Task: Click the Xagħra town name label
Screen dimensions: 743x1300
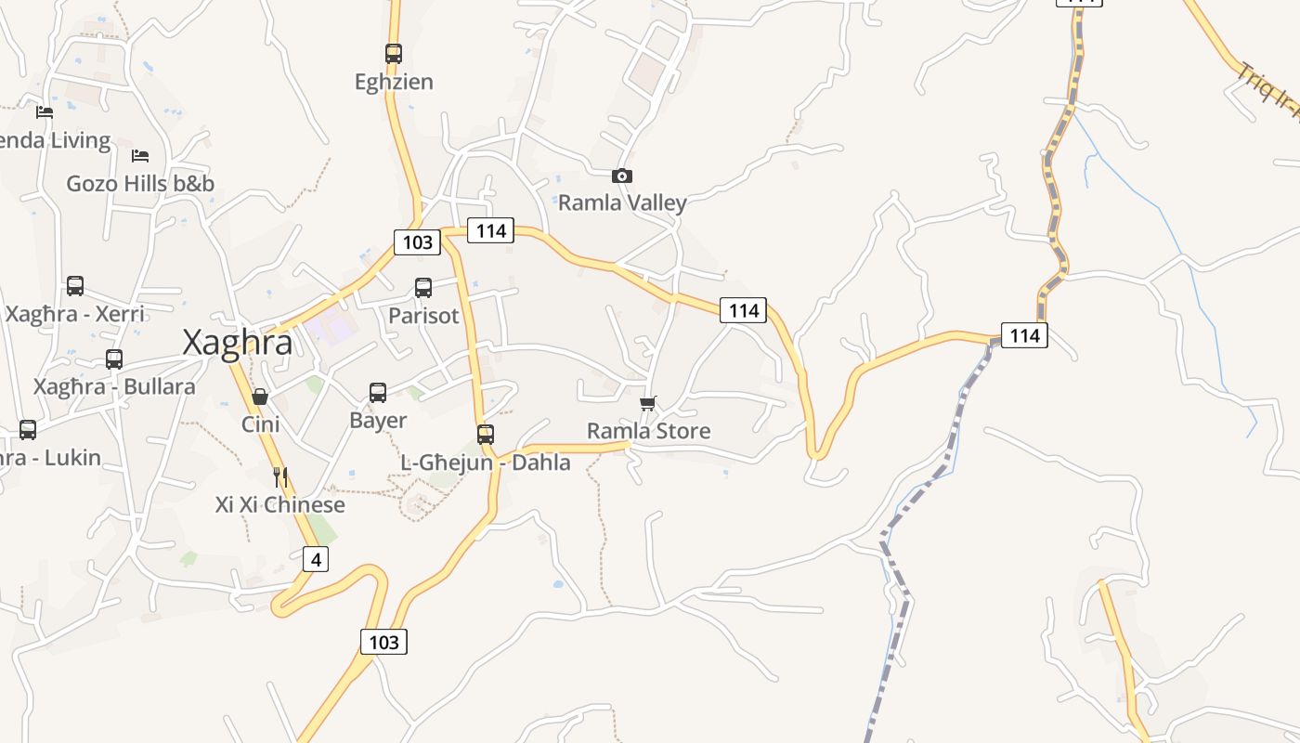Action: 238,343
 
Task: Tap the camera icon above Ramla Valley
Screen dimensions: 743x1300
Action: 622,176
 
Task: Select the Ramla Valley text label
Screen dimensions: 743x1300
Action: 622,202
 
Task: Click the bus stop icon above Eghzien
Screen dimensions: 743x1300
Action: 394,54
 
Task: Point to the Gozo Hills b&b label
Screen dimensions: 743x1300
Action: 140,184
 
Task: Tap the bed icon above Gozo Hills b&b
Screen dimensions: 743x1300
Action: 140,155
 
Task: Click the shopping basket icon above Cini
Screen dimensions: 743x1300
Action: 260,397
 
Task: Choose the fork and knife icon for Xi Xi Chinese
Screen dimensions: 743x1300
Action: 280,477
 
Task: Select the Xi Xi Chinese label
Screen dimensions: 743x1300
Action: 280,505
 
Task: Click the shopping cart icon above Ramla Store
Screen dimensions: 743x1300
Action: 648,403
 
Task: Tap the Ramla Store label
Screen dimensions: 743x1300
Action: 648,431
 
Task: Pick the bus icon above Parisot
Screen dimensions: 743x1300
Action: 423,288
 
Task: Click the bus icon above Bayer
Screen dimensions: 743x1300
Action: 378,393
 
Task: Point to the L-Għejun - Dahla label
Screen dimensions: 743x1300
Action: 486,463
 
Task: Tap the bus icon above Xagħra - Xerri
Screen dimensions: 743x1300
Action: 75,286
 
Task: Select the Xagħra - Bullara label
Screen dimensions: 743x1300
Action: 114,386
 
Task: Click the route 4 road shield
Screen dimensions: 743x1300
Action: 316,560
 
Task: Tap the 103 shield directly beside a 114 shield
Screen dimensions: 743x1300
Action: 418,242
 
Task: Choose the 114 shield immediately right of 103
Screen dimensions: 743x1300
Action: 490,230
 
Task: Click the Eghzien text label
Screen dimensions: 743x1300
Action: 394,82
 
